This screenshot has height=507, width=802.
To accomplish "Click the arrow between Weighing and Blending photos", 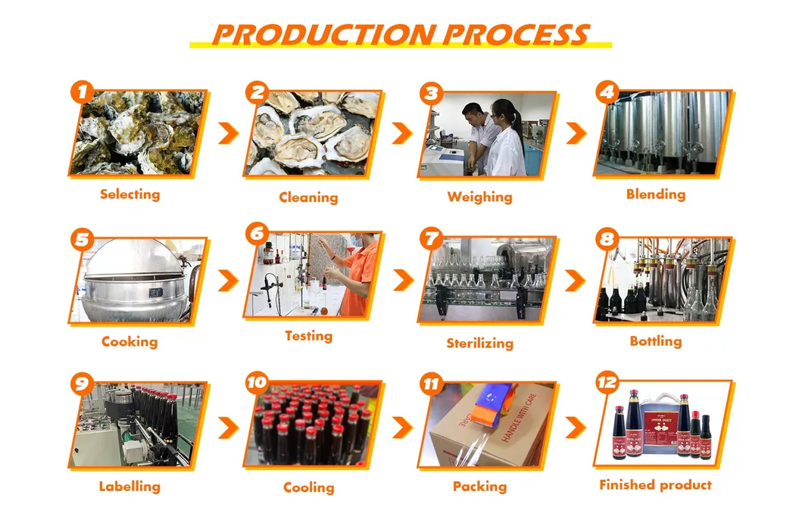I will tap(576, 133).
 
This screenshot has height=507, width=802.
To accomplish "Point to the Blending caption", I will tap(655, 194).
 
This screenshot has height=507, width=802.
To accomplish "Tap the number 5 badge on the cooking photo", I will tap(82, 239).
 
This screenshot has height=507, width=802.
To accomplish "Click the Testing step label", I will tap(308, 335).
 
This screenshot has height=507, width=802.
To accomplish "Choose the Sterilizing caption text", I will tap(479, 343).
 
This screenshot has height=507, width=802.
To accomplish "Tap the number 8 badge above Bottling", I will tap(607, 240).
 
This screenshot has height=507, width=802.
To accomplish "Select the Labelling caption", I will tap(130, 487).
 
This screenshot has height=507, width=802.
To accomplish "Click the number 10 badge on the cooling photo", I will tap(257, 383).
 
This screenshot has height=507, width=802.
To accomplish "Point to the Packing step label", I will tap(479, 487).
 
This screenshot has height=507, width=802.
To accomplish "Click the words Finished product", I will tap(655, 485).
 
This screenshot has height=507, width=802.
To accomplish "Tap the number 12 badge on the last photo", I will tap(607, 383).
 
